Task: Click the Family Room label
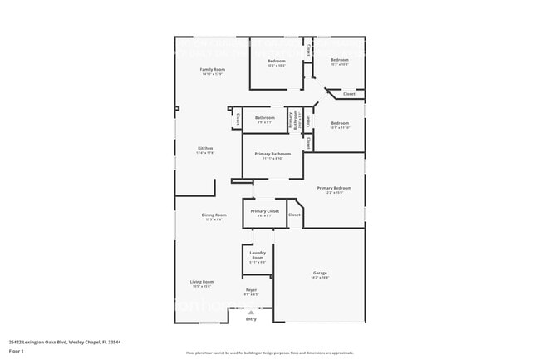coord(213,69)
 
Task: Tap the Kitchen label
coord(205,149)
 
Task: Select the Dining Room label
coord(214,215)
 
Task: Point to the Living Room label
coord(202,282)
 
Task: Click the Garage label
coord(320,273)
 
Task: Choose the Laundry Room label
coord(258,255)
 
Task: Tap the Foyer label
coord(251,289)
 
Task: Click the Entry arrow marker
coord(251,310)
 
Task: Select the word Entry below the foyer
coord(251,319)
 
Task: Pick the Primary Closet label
coord(265,211)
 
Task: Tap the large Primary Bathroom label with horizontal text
coord(272,154)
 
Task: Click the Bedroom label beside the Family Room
coord(277,61)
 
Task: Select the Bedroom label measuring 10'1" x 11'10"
coord(340,123)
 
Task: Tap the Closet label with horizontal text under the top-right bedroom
coord(349,94)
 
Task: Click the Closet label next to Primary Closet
coord(294,215)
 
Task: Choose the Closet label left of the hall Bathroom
coord(238,121)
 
